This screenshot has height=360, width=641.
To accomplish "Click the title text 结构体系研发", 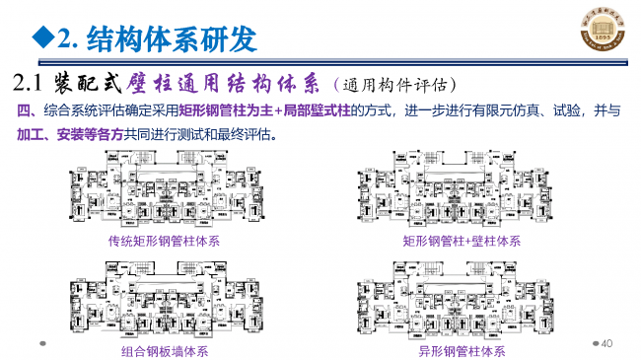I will [172, 38].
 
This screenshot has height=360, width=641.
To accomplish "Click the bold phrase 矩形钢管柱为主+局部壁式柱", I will [262, 110].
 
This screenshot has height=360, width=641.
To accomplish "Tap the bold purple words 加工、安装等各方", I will [60, 133].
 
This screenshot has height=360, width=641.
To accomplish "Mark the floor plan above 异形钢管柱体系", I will [461, 301].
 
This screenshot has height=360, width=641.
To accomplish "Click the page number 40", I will [607, 342].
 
